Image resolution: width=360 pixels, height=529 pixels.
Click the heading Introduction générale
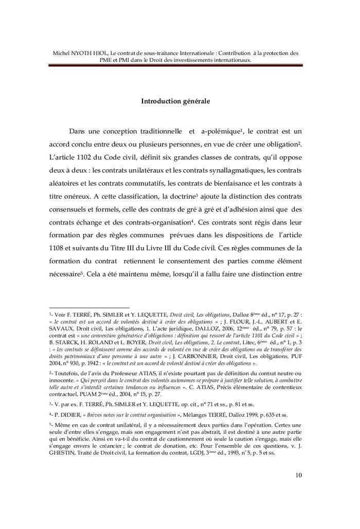tap(175, 101)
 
